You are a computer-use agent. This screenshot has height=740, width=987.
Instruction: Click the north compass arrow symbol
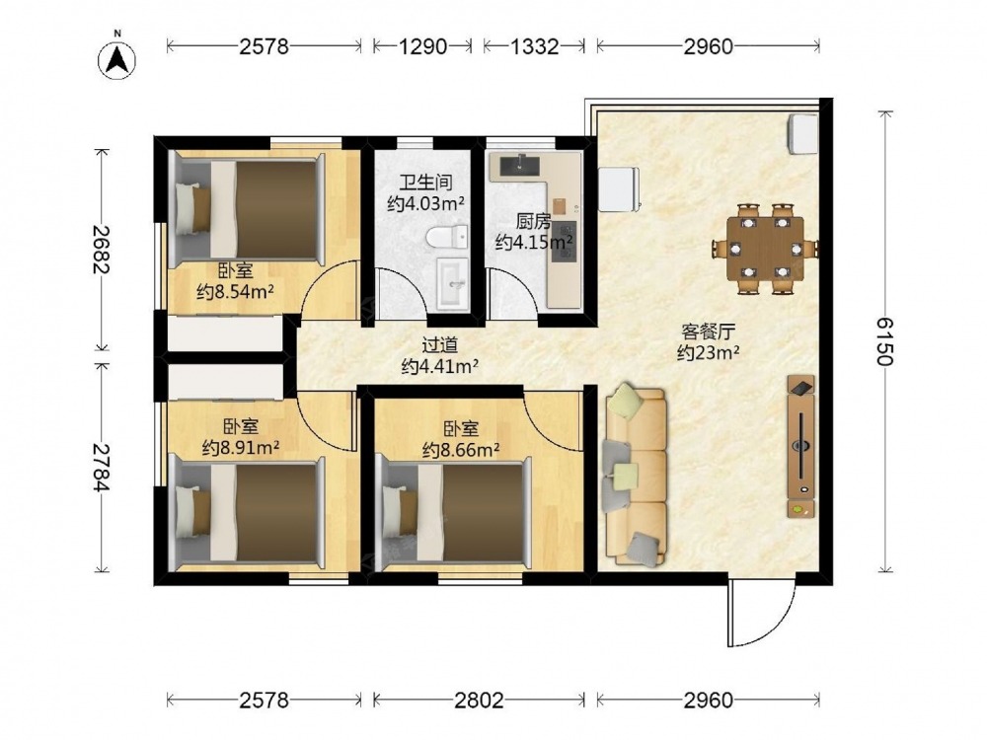click(117, 60)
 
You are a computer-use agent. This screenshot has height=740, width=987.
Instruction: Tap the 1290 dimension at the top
click(422, 46)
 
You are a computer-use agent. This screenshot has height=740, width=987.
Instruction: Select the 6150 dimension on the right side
click(885, 341)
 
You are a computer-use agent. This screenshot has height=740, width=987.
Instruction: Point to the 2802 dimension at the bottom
click(479, 700)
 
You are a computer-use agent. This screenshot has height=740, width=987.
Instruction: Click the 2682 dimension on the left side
click(102, 250)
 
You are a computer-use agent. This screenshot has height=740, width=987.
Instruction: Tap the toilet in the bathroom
click(447, 237)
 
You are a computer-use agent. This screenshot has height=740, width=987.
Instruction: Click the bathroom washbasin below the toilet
click(453, 284)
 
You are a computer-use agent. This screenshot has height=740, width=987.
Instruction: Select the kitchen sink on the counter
click(520, 165)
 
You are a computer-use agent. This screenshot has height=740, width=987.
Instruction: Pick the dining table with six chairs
click(766, 249)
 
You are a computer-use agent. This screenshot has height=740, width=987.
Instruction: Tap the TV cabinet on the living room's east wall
click(800, 446)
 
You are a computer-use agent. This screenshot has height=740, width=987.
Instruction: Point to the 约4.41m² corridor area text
click(439, 366)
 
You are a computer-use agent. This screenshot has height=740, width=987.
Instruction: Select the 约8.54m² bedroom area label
click(236, 292)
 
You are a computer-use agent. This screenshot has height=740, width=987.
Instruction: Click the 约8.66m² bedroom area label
click(461, 450)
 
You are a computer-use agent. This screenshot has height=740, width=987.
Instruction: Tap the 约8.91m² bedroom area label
click(241, 447)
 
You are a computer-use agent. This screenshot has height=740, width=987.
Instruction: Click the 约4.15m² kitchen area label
click(534, 242)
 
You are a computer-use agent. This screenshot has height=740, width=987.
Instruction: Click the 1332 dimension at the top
click(534, 46)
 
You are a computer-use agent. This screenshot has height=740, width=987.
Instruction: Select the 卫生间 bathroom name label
click(426, 184)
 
